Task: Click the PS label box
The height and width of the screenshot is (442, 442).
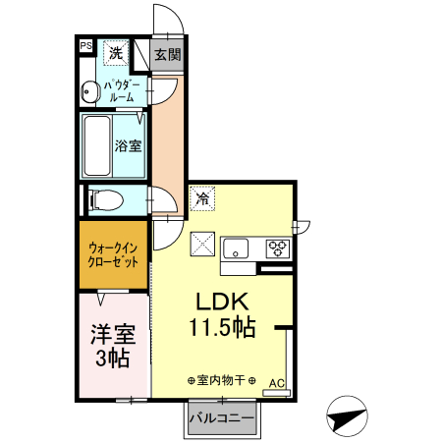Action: coord(85,45)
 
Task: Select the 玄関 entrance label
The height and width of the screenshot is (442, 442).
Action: coord(168,54)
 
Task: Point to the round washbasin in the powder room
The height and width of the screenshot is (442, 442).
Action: coord(87,91)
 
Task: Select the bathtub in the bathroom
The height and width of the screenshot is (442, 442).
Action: coord(96,144)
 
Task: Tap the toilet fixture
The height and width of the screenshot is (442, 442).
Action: coord(105,200)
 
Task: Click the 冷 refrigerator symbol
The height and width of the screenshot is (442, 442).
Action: coord(202,198)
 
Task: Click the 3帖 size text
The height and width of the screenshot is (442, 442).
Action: coord(111,359)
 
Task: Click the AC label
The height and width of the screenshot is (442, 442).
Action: coord(277,382)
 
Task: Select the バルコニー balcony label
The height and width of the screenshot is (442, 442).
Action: coord(222,419)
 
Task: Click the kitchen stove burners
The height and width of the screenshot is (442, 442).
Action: coord(277,248)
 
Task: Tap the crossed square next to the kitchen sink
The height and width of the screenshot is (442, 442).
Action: coord(203,242)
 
